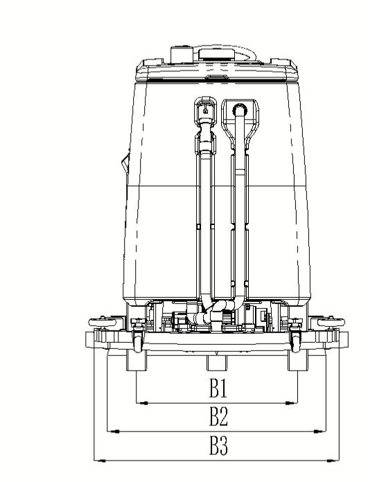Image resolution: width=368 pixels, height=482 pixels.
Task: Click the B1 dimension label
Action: [218, 389]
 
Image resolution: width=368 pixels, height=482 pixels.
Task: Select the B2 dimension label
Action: [218, 416]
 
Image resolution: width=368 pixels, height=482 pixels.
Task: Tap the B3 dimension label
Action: [218, 445]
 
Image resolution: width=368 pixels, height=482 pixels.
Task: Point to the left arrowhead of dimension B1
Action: [142, 403]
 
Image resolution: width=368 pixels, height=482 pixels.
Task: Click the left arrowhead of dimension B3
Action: [100, 461]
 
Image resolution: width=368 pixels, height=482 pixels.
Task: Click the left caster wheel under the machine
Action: [137, 341]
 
